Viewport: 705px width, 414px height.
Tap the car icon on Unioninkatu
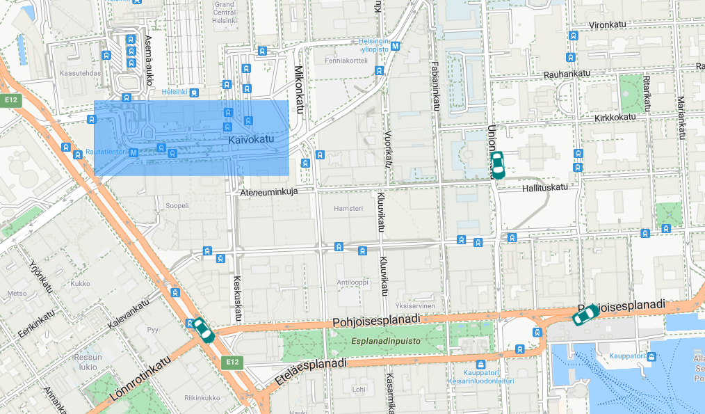[497, 165]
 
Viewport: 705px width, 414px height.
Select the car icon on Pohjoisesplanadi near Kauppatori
[585, 315]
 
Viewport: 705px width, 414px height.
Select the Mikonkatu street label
[300, 90]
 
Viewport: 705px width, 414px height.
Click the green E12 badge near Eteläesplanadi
[232, 362]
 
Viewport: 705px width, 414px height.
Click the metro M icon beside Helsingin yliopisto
[396, 47]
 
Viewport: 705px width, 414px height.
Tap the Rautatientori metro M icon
[133, 152]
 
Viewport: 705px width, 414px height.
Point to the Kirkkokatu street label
[615, 117]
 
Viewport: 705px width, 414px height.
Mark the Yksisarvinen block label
[414, 305]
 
